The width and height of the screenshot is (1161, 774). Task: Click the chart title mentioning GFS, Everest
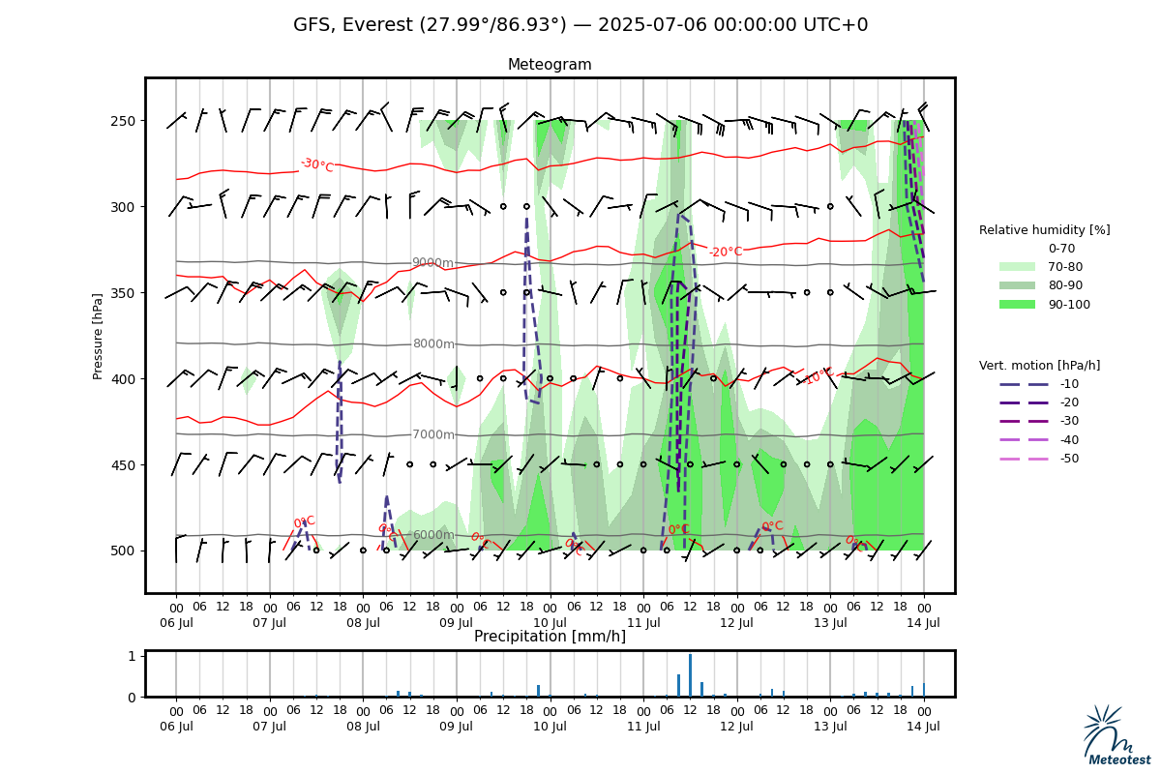580,25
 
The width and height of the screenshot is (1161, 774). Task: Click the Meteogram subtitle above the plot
550,65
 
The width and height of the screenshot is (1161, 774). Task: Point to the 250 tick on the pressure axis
122,121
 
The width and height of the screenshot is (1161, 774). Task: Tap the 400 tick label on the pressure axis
122,378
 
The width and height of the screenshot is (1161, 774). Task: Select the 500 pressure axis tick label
122,551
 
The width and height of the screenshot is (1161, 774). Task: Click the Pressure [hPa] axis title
98,336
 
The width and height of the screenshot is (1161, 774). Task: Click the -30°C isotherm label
316,165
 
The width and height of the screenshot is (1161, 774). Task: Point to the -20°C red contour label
725,253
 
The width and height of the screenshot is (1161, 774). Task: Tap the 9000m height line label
432,263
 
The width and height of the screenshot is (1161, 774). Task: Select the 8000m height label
432,343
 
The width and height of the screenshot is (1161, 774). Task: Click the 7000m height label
432,435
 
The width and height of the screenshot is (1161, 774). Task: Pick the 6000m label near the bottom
432,535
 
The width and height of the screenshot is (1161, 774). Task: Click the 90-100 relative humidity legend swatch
1017,305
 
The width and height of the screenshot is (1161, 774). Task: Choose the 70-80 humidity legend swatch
1017,267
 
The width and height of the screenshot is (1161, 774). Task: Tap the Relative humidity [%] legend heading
1044,230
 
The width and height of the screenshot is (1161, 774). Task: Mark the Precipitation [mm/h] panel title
550,637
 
